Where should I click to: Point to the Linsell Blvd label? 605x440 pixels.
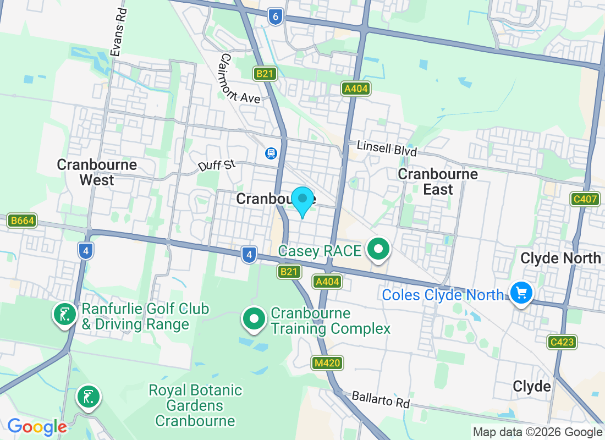tap(387, 148)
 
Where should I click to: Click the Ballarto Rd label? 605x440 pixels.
tap(381, 399)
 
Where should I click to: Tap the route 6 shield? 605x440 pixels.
tap(276, 16)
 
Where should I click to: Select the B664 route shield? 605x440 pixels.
tap(22, 221)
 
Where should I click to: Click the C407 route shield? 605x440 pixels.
tap(585, 199)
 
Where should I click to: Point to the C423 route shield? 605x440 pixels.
tap(562, 342)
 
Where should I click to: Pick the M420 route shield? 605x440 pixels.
tap(328, 362)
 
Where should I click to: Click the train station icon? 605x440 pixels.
tap(271, 153)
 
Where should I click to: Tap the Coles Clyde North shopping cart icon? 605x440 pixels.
tap(520, 293)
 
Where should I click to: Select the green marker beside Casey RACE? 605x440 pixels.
tap(378, 250)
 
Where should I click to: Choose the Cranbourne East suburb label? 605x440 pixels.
tap(438, 182)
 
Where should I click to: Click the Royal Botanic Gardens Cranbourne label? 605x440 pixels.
tap(195, 406)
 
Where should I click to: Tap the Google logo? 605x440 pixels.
tap(37, 427)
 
